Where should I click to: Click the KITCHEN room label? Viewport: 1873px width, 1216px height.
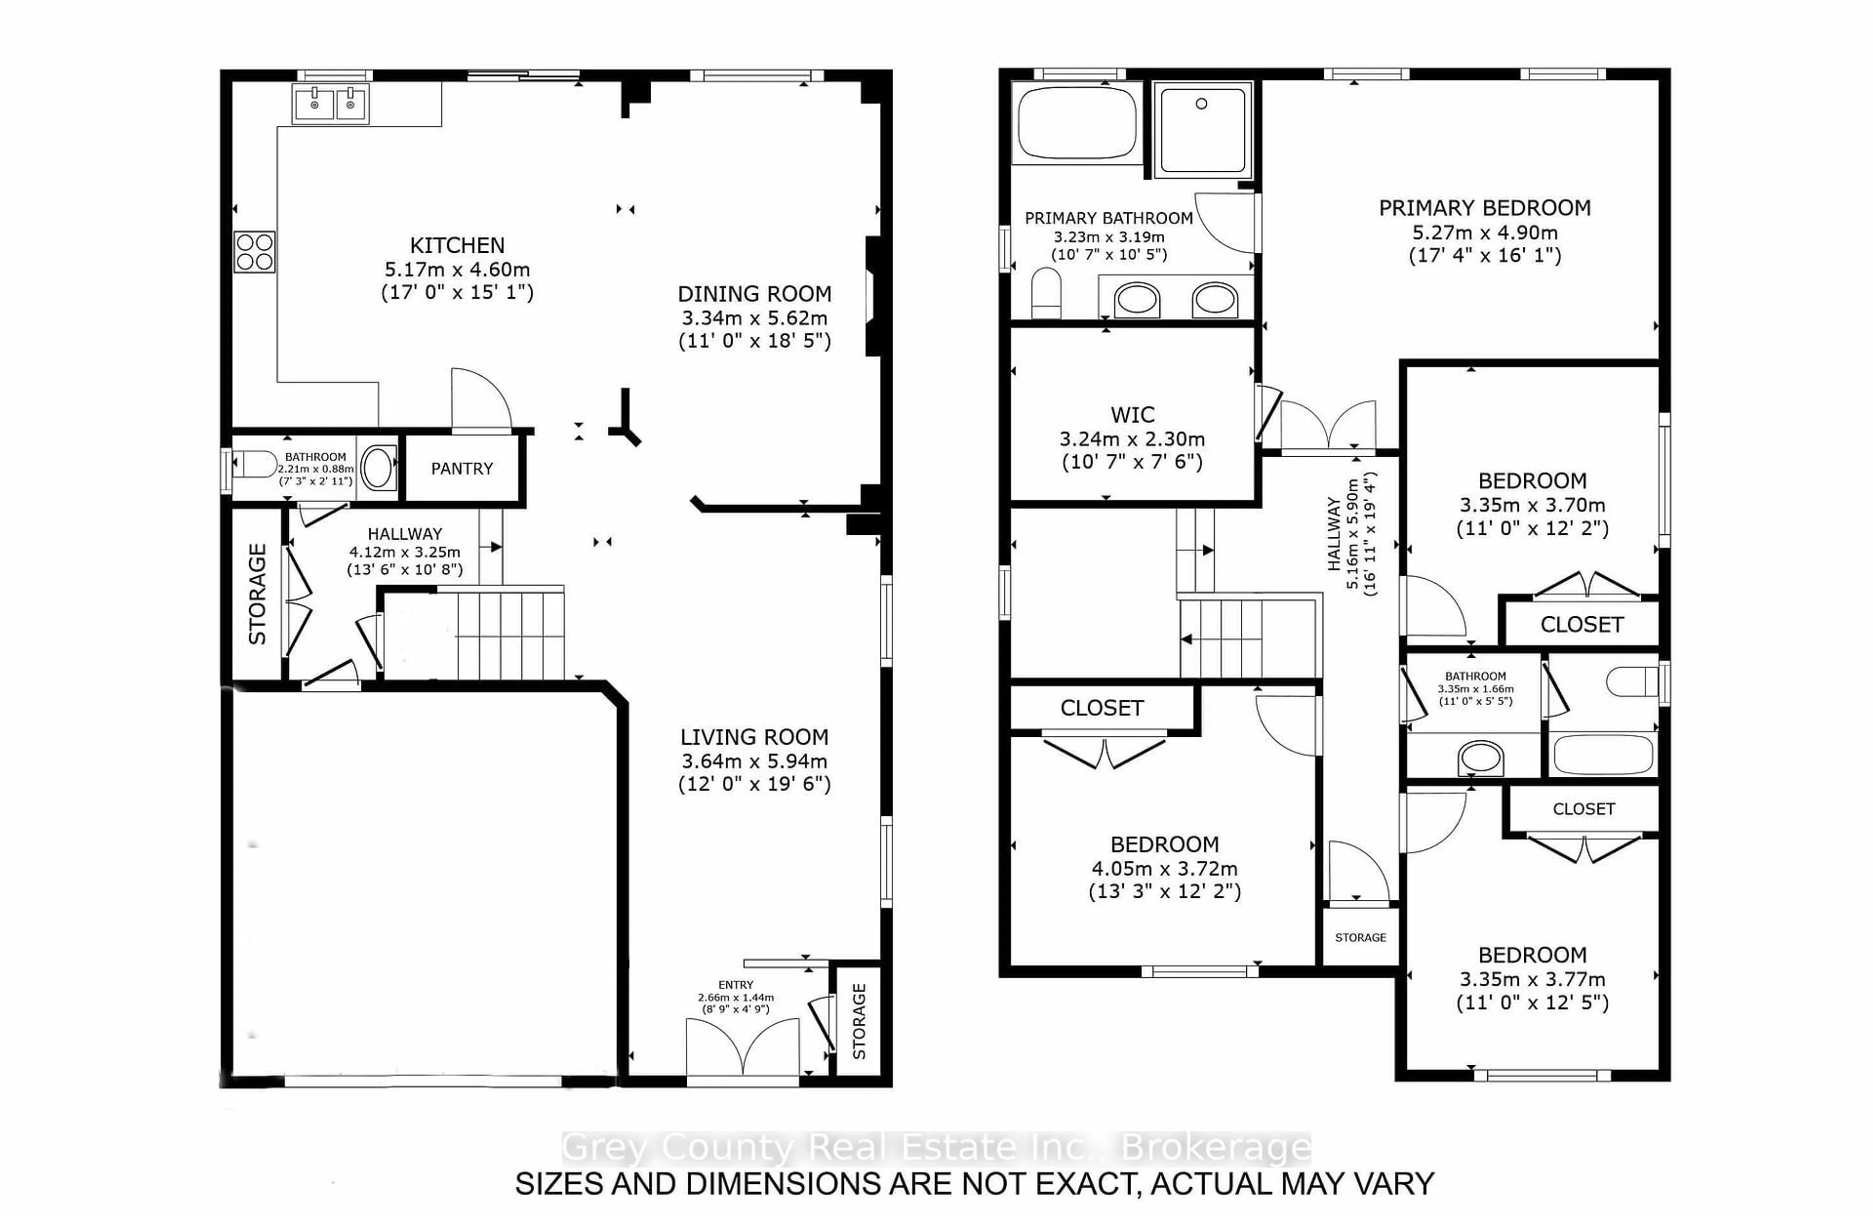click(x=457, y=245)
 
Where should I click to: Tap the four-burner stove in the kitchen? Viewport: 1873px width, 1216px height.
click(x=254, y=252)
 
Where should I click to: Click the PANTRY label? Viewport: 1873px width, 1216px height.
click(x=462, y=469)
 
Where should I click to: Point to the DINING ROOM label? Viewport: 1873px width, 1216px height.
click(x=754, y=294)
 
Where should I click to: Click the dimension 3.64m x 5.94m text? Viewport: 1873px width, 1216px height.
click(x=754, y=761)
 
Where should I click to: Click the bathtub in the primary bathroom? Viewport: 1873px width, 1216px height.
click(x=1076, y=123)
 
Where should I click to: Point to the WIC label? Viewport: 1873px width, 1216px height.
click(x=1133, y=415)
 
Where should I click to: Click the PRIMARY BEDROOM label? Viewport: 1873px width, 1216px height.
click(x=1484, y=208)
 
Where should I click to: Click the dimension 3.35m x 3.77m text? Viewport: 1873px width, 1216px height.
click(x=1532, y=980)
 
